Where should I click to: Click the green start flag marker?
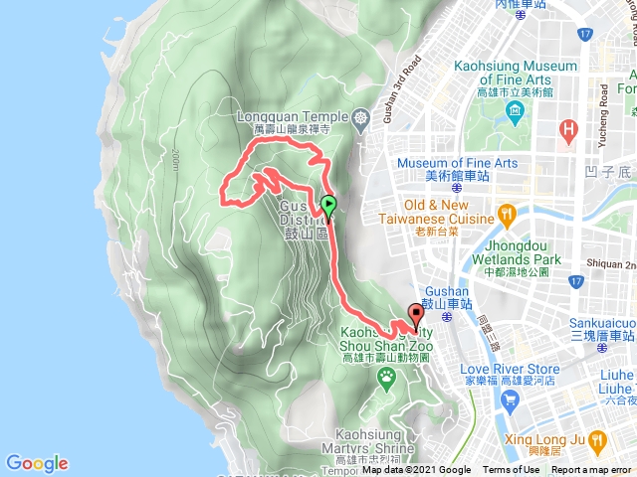[328, 206]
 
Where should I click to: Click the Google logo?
[37, 463]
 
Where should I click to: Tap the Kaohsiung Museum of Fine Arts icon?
[514, 108]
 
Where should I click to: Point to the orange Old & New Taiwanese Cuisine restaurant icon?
[507, 214]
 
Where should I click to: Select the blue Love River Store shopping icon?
[512, 400]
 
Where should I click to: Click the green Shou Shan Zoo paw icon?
[388, 376]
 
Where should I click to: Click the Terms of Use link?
[512, 470]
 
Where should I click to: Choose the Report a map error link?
[592, 470]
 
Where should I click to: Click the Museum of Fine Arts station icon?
[454, 185]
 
